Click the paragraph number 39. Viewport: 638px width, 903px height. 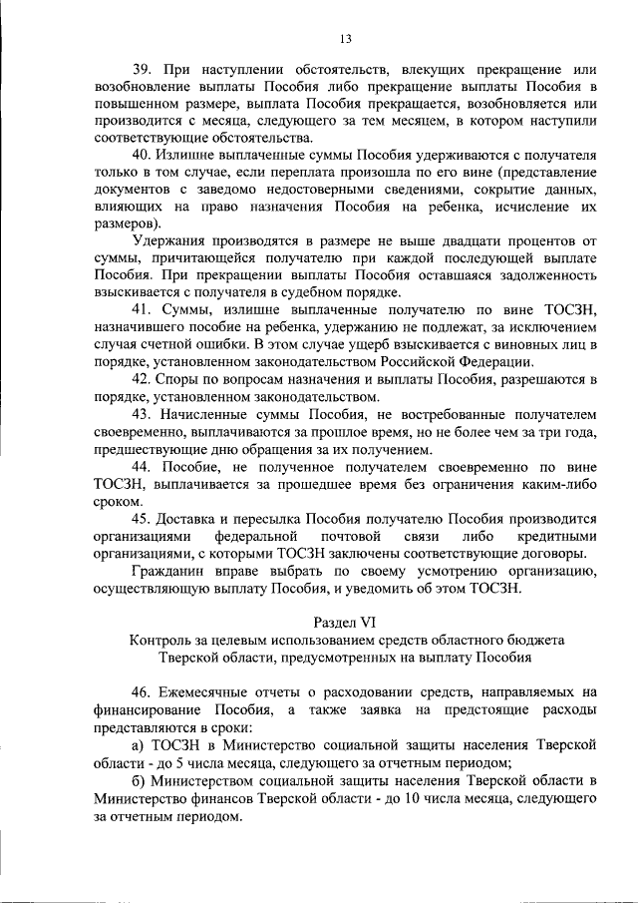tap(143, 69)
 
